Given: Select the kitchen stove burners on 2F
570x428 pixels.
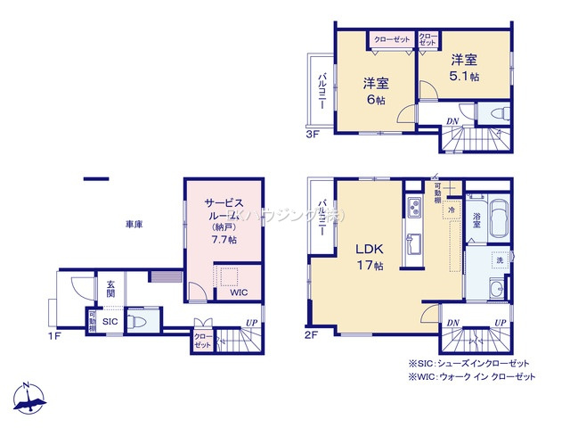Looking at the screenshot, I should tap(413, 210).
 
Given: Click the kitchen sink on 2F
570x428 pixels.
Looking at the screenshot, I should tap(413, 244).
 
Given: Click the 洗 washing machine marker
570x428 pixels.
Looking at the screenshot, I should tap(499, 259).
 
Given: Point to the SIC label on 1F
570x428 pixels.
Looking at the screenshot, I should tap(110, 321).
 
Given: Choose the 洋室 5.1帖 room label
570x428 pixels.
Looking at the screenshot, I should tap(463, 68).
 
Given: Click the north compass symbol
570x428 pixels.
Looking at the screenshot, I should tap(29, 399).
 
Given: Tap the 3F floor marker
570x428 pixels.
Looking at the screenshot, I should tap(312, 135).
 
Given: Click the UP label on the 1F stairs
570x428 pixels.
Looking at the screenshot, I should tap(252, 322).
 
